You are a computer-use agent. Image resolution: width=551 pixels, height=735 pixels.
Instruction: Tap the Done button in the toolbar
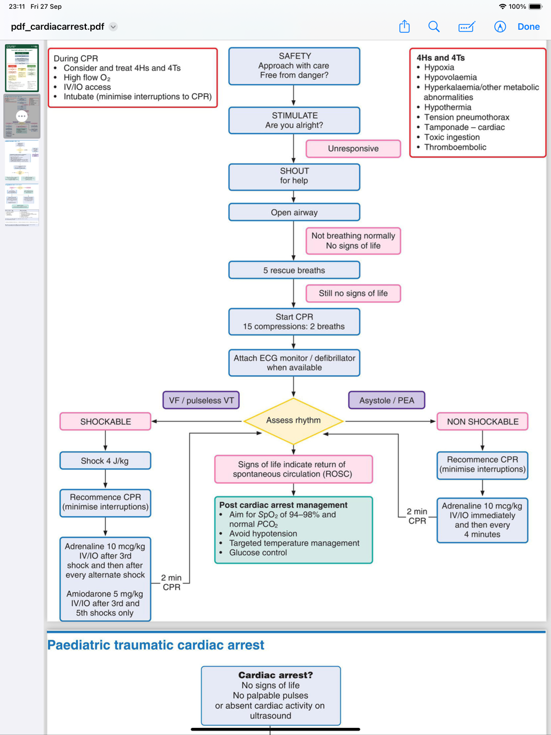click(528, 26)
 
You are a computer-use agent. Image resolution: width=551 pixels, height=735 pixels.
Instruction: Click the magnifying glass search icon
click(434, 26)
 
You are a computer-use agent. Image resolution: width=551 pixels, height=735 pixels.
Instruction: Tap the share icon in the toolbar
click(404, 26)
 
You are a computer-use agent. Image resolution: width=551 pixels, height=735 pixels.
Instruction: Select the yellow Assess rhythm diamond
click(293, 421)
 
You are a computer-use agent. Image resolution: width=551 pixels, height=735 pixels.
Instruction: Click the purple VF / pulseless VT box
click(201, 401)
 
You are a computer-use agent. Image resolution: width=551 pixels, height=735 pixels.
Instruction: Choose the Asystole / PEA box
click(386, 401)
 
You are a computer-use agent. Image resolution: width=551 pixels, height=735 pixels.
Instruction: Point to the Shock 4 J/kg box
click(105, 461)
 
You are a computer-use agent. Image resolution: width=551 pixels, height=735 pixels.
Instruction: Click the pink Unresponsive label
click(353, 149)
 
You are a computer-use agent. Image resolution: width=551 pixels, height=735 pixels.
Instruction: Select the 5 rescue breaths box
click(294, 271)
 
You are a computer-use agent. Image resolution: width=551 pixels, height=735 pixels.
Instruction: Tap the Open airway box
click(294, 213)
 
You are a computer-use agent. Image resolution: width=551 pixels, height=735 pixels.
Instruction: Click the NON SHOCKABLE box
click(482, 421)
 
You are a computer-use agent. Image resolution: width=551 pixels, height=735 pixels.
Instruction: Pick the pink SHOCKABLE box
click(105, 421)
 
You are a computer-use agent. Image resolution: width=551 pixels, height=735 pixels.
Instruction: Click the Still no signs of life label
click(353, 294)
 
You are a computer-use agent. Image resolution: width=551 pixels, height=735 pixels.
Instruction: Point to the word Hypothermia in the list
click(447, 107)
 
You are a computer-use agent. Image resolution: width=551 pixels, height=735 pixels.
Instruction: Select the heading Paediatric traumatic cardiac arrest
click(156, 645)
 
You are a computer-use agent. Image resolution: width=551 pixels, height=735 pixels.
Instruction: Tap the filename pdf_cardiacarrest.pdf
click(57, 26)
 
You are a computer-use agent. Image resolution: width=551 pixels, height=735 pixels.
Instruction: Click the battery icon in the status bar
click(536, 7)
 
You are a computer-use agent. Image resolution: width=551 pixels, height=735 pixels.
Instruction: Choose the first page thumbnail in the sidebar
click(22, 68)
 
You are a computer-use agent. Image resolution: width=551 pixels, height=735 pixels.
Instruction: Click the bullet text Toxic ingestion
click(452, 137)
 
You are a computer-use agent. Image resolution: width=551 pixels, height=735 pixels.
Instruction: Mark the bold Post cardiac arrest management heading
click(283, 505)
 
